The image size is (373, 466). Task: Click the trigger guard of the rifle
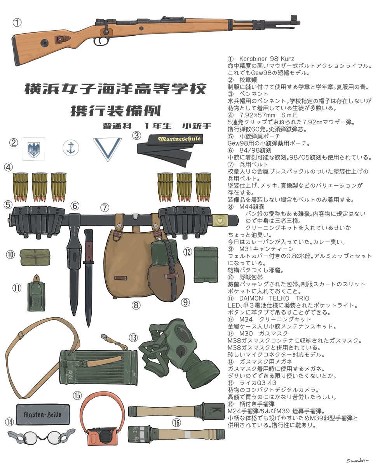click(102, 41)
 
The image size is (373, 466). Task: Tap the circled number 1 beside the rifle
click(17, 23)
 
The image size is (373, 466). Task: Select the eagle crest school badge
click(33, 149)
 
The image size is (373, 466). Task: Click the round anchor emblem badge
click(71, 148)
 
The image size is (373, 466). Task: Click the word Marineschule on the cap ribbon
click(180, 139)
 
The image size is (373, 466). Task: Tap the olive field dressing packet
click(35, 257)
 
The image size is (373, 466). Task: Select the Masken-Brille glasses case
click(44, 414)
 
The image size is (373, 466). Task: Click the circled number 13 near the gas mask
click(133, 337)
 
